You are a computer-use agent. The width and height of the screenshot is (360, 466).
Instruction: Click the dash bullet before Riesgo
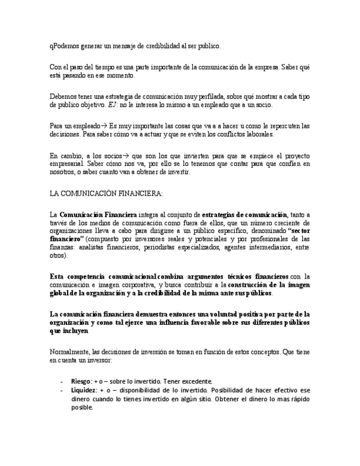pyautogui.click(x=61, y=381)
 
